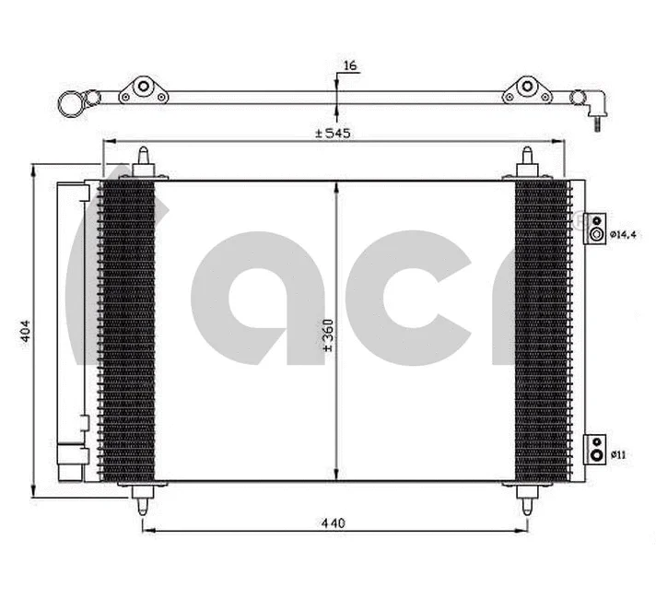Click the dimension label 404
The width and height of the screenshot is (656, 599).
[x=26, y=331]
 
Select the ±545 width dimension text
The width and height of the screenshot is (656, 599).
[x=333, y=134]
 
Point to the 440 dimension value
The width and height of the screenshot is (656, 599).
[x=333, y=523]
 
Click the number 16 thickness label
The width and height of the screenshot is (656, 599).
[x=349, y=66]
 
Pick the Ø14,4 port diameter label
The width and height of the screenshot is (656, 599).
[x=623, y=234]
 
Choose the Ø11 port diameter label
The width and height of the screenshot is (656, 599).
[x=618, y=454]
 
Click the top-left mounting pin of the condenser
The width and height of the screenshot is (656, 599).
[x=144, y=162]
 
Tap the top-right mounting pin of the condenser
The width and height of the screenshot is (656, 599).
[x=528, y=162]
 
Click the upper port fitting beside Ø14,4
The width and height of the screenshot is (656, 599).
[x=596, y=228]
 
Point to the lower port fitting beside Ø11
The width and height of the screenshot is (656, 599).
[x=596, y=448]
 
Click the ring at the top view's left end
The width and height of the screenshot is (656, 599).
[x=70, y=104]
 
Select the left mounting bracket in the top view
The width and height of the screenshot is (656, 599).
[x=143, y=89]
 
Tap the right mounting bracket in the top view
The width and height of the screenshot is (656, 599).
[x=526, y=89]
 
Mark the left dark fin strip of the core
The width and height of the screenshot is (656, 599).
[x=126, y=330]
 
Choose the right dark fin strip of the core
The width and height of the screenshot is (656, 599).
[x=540, y=330]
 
